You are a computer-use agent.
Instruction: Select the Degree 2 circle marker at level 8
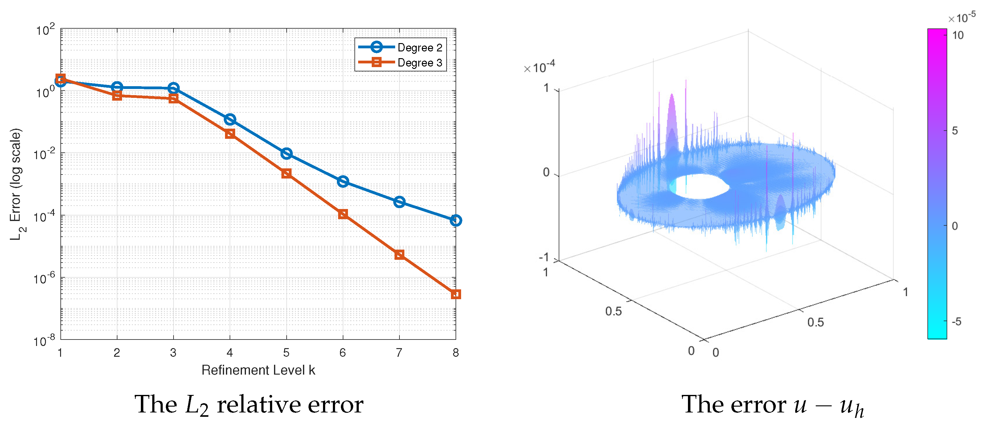456,220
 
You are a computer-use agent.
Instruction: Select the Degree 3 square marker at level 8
456,294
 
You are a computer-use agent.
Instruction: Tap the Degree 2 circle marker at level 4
230,120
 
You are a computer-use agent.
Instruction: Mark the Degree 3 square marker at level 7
399,255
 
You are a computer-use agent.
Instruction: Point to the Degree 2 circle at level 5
286,154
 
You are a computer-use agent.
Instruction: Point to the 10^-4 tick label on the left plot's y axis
44,216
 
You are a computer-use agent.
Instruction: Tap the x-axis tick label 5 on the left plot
286,352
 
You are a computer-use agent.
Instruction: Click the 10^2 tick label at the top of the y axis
46,30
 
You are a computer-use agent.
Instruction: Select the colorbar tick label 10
958,36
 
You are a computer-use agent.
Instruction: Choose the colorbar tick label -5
956,322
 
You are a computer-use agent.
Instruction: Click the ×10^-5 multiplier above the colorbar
962,18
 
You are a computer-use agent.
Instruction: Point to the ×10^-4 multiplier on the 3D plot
539,68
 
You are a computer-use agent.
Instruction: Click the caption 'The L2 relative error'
249,404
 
